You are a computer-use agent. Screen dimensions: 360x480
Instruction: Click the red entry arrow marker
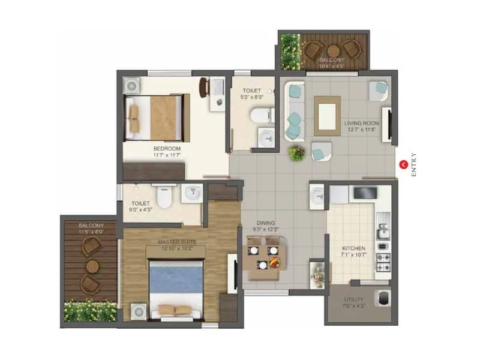[404, 163]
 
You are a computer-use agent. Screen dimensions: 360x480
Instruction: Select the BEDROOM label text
[166, 148]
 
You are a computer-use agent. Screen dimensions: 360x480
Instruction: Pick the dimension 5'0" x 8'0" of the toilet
[251, 97]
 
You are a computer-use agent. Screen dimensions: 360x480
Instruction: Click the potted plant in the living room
[296, 153]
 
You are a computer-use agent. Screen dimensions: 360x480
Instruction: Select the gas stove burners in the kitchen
[382, 260]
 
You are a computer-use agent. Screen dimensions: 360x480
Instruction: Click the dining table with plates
[263, 257]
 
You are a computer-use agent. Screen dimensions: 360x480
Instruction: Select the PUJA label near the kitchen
[316, 278]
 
